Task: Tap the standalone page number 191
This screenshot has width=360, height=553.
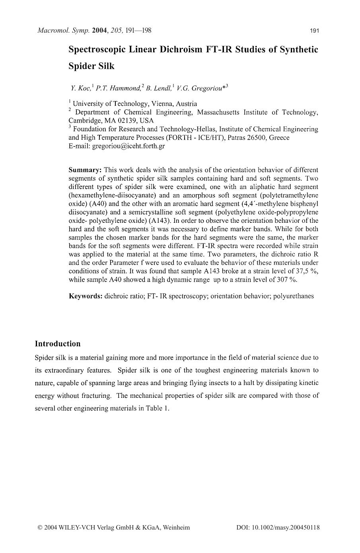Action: click(x=314, y=31)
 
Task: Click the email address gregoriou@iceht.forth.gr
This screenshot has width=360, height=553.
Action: click(x=128, y=146)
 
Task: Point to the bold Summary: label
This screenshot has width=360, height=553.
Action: click(x=85, y=170)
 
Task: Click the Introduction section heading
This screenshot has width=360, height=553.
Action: click(x=58, y=344)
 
